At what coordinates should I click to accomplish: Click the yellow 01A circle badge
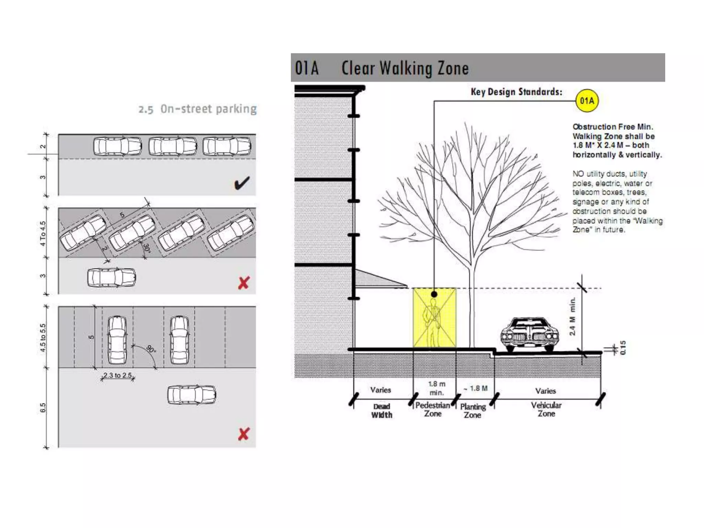coord(587,101)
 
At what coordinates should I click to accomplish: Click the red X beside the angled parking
coord(244,283)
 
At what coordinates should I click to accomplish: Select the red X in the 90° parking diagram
coord(243,434)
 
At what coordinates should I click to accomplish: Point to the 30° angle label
coord(146,248)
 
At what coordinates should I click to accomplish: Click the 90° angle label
coord(151,349)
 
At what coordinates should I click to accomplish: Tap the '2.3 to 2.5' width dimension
coord(118,375)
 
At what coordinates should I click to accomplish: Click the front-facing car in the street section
coord(529,334)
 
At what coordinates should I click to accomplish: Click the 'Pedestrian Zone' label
coord(432,409)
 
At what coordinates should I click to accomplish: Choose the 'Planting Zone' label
coord(473,411)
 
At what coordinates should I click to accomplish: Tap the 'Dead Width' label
coord(382,411)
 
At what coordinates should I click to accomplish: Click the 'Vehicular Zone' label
coord(546,409)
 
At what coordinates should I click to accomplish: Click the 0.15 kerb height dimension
coord(623,348)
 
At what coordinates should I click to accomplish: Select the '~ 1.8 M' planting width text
coord(475,388)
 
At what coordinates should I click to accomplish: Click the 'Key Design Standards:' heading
coord(516,92)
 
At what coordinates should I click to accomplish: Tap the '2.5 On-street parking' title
coord(198,109)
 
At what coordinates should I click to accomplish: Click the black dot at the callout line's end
coord(434,294)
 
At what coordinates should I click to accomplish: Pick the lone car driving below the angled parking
coord(111,277)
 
